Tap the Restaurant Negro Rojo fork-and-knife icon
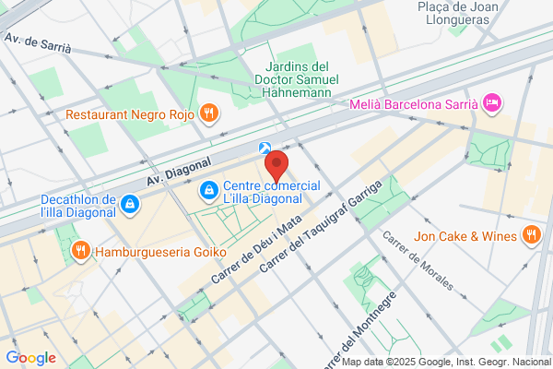tap(210, 113)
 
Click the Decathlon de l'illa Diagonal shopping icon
tap(131, 203)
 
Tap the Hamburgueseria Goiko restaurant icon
tap(81, 249)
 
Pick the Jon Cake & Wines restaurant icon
tap(530, 236)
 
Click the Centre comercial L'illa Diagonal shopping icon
tap(209, 191)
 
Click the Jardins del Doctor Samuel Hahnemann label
tap(297, 79)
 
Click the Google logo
tap(30, 358)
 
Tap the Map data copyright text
tap(446, 362)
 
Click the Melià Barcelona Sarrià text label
tap(414, 104)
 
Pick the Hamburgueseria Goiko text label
tap(153, 249)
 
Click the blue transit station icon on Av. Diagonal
tap(265, 148)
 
